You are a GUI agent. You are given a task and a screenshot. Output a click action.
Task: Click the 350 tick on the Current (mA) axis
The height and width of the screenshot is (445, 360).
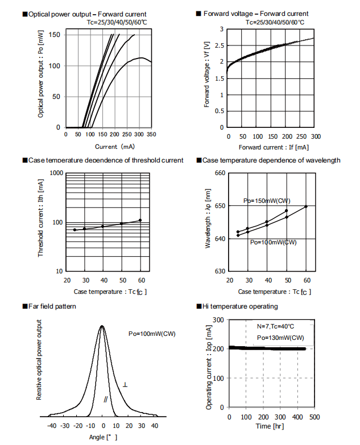pos(151,135)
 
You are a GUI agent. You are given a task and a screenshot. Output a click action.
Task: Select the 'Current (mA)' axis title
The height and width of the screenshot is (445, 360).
pos(106,147)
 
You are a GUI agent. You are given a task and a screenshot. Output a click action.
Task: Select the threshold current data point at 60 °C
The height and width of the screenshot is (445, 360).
pos(140,220)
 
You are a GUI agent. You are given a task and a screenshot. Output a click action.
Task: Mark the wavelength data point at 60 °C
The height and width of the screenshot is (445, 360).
pos(307,206)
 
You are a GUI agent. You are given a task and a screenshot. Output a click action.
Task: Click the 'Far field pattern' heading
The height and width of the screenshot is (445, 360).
pos(53,306)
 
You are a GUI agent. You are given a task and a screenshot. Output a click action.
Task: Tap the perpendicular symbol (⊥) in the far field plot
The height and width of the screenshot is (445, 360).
pos(125,385)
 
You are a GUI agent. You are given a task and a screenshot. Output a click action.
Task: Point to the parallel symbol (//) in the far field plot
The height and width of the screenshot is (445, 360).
pos(106,400)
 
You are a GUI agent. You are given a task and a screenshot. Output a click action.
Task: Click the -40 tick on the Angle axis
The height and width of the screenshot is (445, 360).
pos(51,425)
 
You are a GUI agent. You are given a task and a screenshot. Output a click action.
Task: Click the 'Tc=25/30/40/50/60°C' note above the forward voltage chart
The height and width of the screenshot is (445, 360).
pos(274,22)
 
